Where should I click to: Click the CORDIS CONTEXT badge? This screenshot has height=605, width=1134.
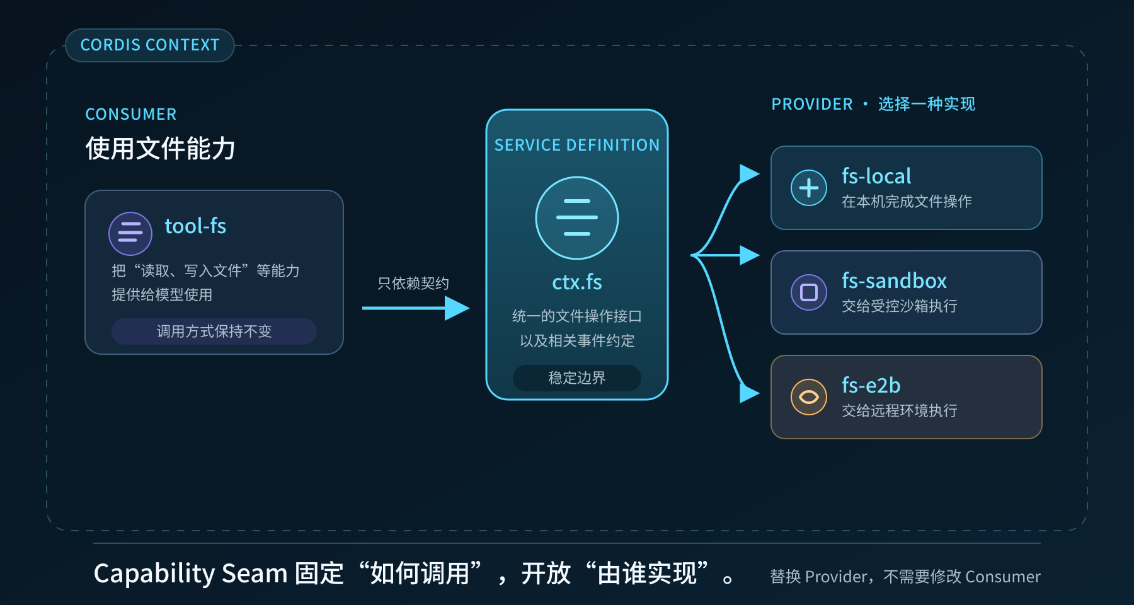tap(150, 45)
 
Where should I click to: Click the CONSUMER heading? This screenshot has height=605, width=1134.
tap(131, 114)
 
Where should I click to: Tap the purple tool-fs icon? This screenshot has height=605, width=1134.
tap(130, 233)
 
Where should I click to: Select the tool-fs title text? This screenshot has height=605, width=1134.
tap(195, 226)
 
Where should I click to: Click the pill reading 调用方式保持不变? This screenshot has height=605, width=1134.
tap(214, 331)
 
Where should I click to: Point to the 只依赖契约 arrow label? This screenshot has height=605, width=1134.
tap(413, 284)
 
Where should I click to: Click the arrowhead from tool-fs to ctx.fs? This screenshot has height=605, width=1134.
tap(457, 308)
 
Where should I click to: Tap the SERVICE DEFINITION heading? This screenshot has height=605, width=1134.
tap(577, 146)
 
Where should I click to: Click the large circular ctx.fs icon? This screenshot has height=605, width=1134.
tap(577, 218)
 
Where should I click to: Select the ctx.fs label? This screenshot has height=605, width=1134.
tap(577, 282)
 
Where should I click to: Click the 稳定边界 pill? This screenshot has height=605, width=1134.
tap(577, 378)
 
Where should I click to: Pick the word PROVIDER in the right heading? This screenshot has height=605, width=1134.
tap(812, 104)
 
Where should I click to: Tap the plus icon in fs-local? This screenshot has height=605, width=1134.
tap(809, 188)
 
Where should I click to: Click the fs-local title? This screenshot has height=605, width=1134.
tap(876, 176)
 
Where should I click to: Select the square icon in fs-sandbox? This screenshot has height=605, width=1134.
tap(809, 292)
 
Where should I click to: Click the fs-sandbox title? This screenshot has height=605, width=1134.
tap(894, 281)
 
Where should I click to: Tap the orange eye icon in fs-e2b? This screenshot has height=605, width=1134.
tap(809, 397)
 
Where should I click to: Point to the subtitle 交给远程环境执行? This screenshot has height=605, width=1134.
tap(900, 411)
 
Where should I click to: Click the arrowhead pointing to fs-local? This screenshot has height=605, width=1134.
tap(749, 174)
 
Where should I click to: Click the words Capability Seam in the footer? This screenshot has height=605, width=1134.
tap(190, 573)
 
